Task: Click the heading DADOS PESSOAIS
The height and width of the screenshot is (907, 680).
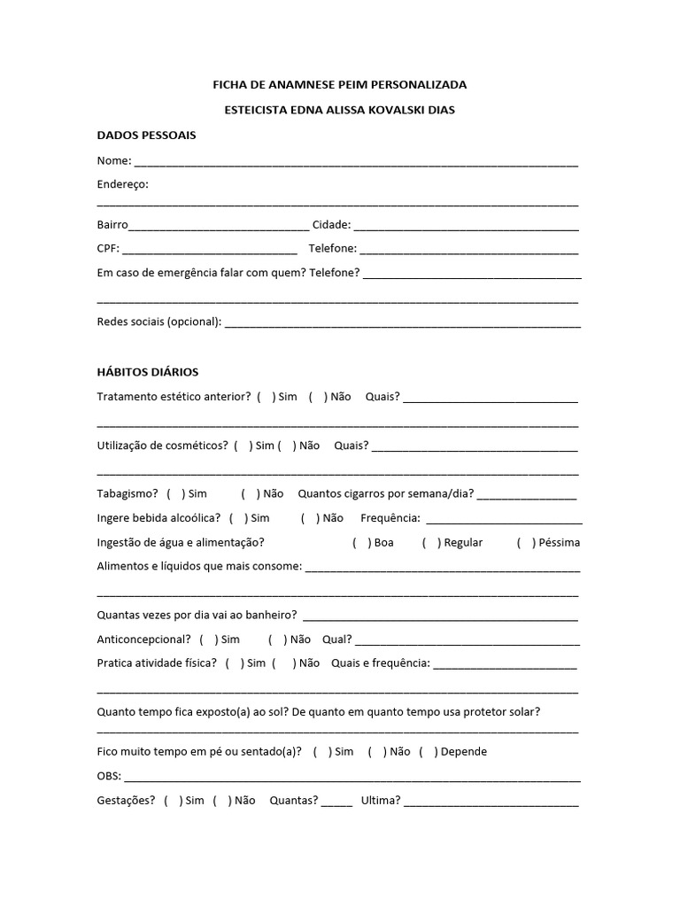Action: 146,136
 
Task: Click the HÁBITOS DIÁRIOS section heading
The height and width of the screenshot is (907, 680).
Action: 147,372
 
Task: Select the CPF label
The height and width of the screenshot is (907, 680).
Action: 108,248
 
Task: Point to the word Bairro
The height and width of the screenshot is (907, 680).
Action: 112,225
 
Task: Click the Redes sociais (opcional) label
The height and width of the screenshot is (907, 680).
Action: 158,321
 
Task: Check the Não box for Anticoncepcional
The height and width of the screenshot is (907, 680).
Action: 277,639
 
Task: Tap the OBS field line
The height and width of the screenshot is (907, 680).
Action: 352,778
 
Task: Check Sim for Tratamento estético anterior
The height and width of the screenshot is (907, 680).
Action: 267,397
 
